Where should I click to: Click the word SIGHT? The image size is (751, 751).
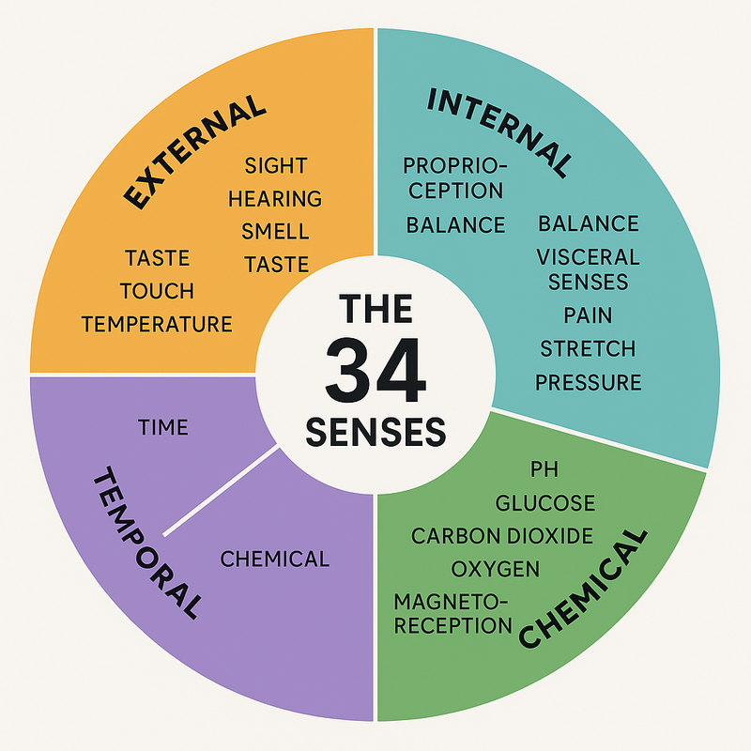[276, 166]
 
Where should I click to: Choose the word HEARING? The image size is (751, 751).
[275, 199]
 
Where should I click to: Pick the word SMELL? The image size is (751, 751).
[275, 232]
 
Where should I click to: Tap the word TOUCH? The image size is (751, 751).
[157, 291]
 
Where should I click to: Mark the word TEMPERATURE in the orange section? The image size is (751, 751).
[157, 325]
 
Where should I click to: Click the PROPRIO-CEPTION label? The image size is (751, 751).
[454, 177]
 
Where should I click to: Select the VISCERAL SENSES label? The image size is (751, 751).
[588, 268]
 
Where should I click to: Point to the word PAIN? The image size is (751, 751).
[589, 315]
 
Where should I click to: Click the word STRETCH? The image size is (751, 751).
[588, 349]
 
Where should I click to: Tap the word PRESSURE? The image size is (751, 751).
[589, 383]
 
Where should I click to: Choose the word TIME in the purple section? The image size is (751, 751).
[163, 428]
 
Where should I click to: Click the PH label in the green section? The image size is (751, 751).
[544, 468]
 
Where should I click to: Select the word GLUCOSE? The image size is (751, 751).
[545, 503]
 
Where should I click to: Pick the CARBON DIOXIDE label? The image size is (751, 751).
[502, 536]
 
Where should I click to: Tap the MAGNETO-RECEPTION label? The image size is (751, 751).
[453, 613]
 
